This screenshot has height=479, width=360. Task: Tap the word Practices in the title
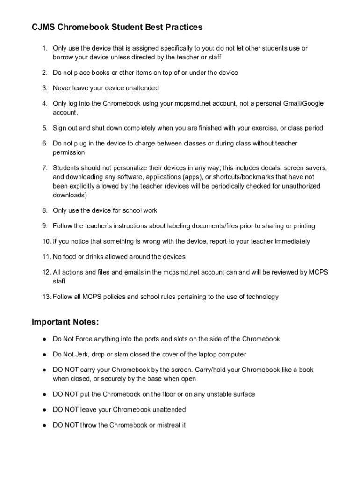point(182,27)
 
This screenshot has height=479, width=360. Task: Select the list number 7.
point(45,167)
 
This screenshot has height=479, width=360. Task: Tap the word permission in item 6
point(69,152)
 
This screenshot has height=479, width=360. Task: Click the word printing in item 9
point(304,226)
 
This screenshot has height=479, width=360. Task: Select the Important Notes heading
point(65,322)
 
